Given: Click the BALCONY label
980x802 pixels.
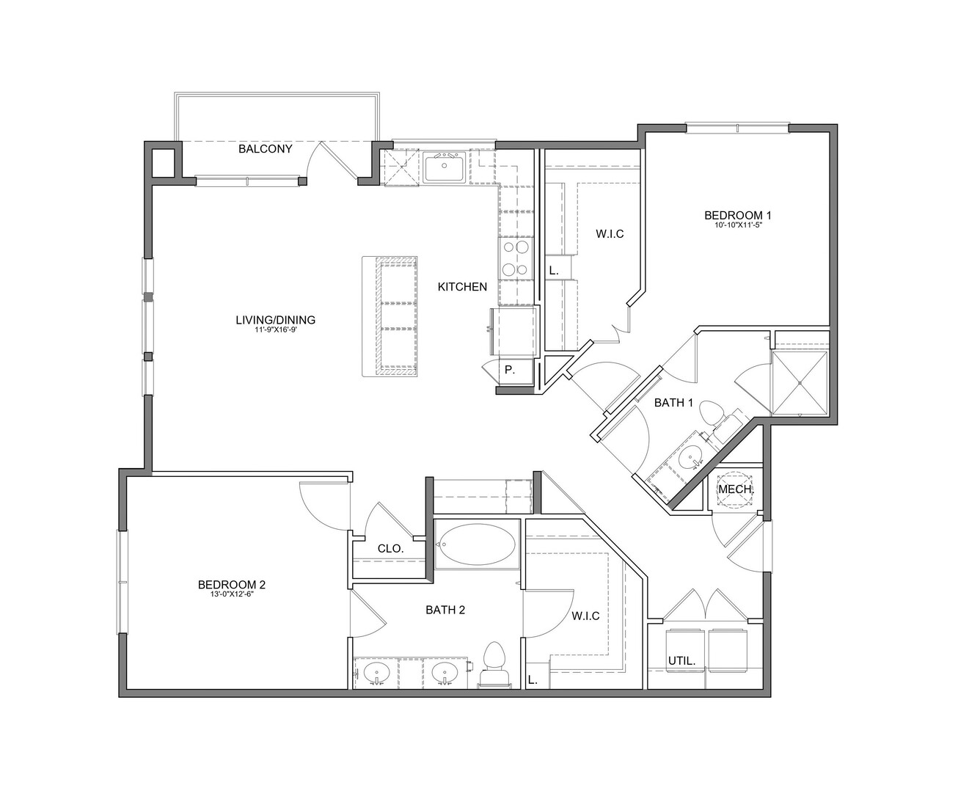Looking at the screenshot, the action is tap(266, 149).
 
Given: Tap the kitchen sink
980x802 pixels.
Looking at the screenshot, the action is tap(445, 167).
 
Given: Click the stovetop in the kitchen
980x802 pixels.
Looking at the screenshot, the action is tap(516, 258).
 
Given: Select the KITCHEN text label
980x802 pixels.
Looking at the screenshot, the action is tap(462, 287).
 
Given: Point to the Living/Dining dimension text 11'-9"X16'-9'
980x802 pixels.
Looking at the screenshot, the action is tap(276, 329).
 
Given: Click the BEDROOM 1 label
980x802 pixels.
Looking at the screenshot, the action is tap(738, 215).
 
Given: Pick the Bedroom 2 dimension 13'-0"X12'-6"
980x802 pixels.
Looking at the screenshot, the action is tap(232, 594).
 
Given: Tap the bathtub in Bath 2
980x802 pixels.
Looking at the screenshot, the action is tap(477, 544).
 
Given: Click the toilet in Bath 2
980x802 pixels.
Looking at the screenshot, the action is tap(495, 666).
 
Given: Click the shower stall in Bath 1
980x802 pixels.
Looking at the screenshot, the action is tap(800, 382).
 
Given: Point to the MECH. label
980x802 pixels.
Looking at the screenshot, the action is tap(736, 489).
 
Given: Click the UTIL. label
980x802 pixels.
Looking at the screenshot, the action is tap(681, 660).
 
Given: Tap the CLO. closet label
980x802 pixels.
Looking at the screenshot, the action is tap(391, 549).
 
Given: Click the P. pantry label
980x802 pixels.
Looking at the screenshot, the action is tap(510, 371).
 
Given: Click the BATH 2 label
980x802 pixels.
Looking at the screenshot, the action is tap(445, 610).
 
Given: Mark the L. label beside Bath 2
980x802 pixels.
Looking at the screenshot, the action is tap(533, 679).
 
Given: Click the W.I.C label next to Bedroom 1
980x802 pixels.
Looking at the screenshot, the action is tap(610, 234).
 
